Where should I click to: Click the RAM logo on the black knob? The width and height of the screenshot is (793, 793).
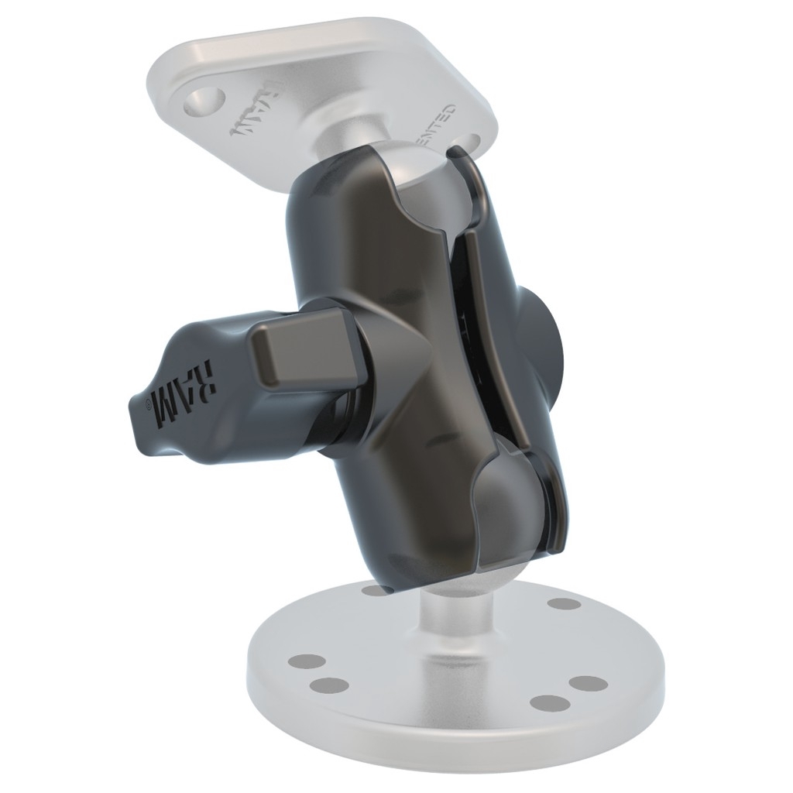[185, 393]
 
